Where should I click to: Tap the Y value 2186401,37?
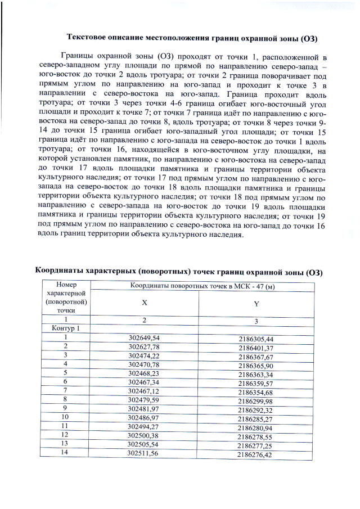(255, 348)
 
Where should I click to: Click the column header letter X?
(144, 303)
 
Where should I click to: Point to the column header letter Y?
(256, 304)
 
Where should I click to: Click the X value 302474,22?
(144, 355)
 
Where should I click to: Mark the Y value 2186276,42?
(254, 454)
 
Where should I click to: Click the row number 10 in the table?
(65, 417)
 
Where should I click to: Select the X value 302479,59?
(144, 399)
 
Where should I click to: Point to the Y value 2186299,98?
(255, 401)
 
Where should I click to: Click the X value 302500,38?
(144, 435)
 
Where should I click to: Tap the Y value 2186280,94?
(255, 427)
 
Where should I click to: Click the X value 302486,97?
(144, 417)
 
